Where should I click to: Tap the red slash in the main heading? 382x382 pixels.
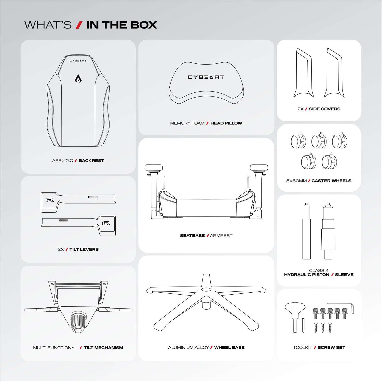pyautogui.click(x=79, y=25)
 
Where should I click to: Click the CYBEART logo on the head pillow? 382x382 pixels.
pyautogui.click(x=206, y=77)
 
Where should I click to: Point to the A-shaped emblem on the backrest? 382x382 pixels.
pyautogui.click(x=78, y=79)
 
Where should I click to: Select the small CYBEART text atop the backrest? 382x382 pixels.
pyautogui.click(x=78, y=61)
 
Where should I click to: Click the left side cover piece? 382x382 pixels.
pyautogui.click(x=304, y=74)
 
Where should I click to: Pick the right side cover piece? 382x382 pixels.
pyautogui.click(x=334, y=74)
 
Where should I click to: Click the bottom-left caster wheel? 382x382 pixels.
pyautogui.click(x=308, y=162)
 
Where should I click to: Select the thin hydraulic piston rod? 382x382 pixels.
pyautogui.click(x=307, y=234)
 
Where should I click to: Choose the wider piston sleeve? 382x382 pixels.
pyautogui.click(x=328, y=234)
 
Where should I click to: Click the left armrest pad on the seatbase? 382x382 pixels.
pyautogui.click(x=154, y=168)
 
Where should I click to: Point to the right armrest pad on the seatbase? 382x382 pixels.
pyautogui.click(x=259, y=168)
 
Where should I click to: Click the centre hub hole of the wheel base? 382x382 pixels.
pyautogui.click(x=206, y=290)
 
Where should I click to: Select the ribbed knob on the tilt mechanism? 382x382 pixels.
pyautogui.click(x=78, y=322)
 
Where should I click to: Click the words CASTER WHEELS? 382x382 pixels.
pyautogui.click(x=331, y=181)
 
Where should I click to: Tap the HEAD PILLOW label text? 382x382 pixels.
pyautogui.click(x=226, y=123)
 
